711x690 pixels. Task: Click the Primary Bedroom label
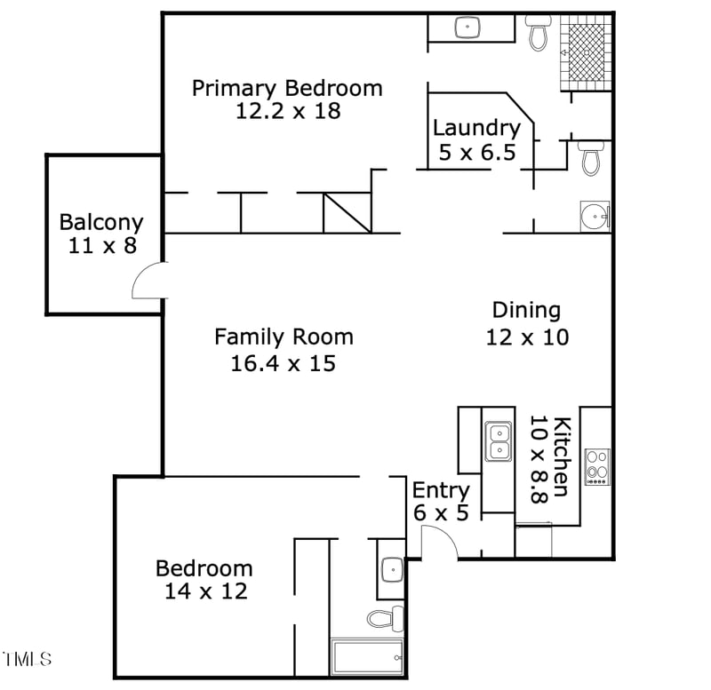(x=287, y=89)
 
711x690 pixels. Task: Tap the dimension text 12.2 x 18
(x=288, y=111)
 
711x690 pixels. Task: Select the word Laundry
(x=476, y=128)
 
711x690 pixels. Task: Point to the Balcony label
(x=101, y=222)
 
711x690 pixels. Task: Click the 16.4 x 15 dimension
(x=284, y=362)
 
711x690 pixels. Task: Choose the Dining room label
(x=526, y=310)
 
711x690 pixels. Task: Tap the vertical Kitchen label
(x=562, y=456)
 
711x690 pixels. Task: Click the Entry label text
(x=441, y=490)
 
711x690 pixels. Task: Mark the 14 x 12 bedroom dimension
(x=205, y=591)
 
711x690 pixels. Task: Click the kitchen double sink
(x=498, y=441)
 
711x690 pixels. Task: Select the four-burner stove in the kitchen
(x=596, y=467)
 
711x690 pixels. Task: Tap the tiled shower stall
(x=586, y=52)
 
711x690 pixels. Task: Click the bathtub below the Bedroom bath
(x=367, y=657)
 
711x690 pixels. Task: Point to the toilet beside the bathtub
(x=386, y=617)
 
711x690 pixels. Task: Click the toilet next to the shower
(x=538, y=32)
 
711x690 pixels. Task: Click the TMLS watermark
(x=28, y=659)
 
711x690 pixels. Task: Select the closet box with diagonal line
(x=347, y=213)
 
